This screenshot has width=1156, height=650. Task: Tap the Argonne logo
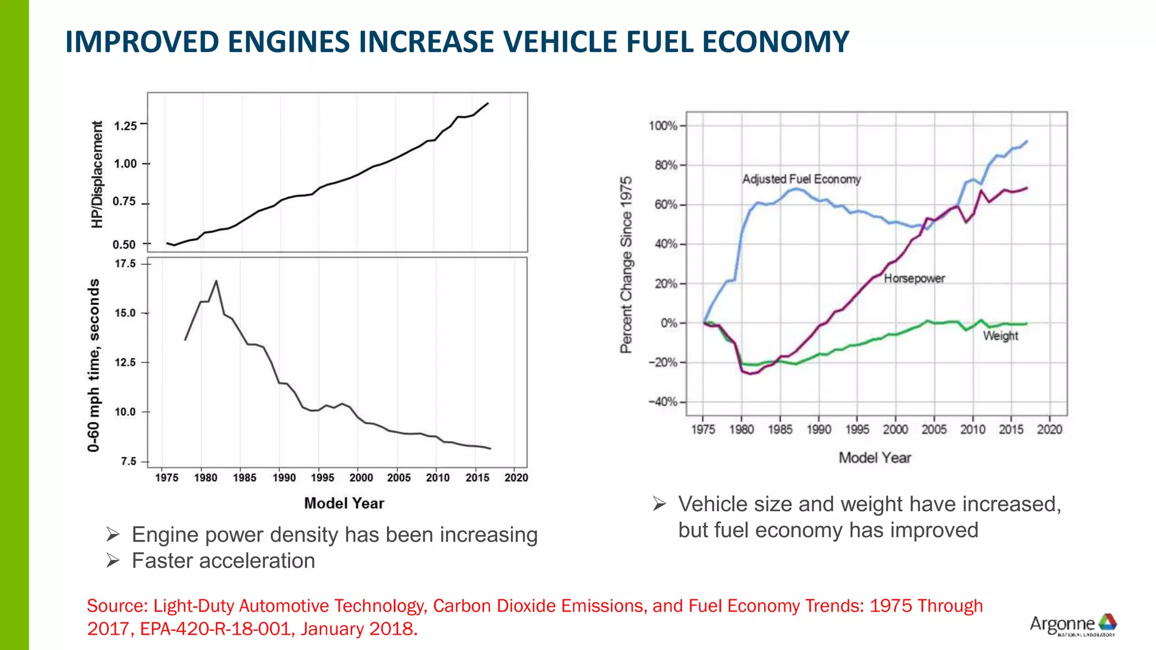pyautogui.click(x=1072, y=625)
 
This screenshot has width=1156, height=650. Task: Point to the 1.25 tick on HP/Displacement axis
pyautogui.click(x=125, y=126)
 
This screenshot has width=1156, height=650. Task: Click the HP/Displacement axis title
pyautogui.click(x=97, y=174)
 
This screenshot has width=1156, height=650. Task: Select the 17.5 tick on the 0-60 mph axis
pyautogui.click(x=125, y=264)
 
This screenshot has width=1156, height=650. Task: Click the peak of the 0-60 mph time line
pyautogui.click(x=216, y=281)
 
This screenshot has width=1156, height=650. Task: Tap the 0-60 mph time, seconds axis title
pyautogui.click(x=94, y=365)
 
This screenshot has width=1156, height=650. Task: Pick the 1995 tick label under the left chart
pyautogui.click(x=322, y=478)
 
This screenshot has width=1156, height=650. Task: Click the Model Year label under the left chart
pyautogui.click(x=344, y=503)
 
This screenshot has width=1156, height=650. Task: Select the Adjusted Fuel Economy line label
pyautogui.click(x=801, y=179)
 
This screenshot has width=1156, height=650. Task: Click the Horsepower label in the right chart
pyautogui.click(x=914, y=279)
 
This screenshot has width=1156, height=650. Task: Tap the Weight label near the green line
pyautogui.click(x=1000, y=336)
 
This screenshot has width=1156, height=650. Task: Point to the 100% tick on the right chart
pyautogui.click(x=663, y=126)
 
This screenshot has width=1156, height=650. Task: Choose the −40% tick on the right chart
pyautogui.click(x=663, y=402)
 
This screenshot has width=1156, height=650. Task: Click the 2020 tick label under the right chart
pyautogui.click(x=1049, y=430)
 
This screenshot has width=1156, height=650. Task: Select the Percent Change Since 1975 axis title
pyautogui.click(x=626, y=265)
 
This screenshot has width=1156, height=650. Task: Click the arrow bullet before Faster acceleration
pyautogui.click(x=113, y=561)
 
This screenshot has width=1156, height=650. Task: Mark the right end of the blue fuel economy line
pyautogui.click(x=1027, y=142)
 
